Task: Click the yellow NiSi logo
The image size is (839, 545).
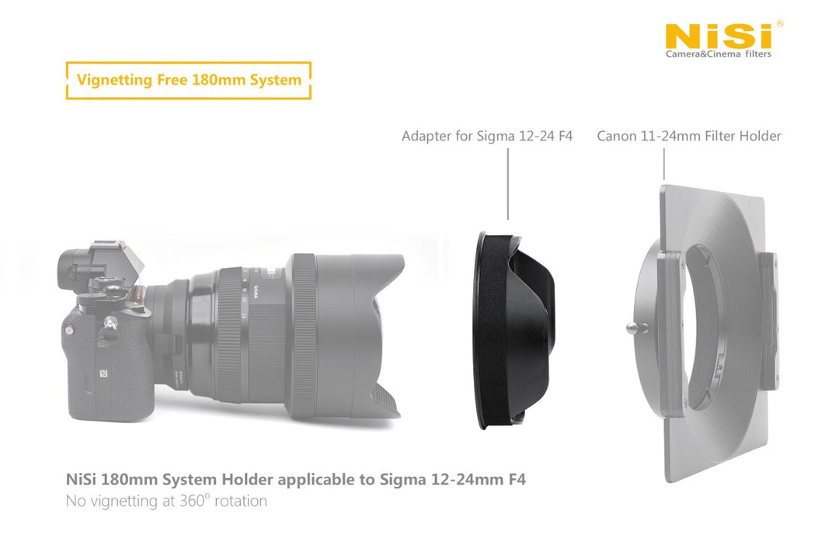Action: (x=719, y=36)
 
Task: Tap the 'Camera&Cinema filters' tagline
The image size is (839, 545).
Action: (x=718, y=54)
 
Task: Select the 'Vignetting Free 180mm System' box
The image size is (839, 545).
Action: (x=188, y=80)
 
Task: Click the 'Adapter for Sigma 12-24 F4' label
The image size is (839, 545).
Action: (x=487, y=136)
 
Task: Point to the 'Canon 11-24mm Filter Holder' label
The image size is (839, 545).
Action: (x=688, y=136)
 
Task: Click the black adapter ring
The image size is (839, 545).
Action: (x=513, y=330)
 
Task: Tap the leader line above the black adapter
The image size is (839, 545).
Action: (x=508, y=184)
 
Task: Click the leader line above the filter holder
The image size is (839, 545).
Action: (x=664, y=164)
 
